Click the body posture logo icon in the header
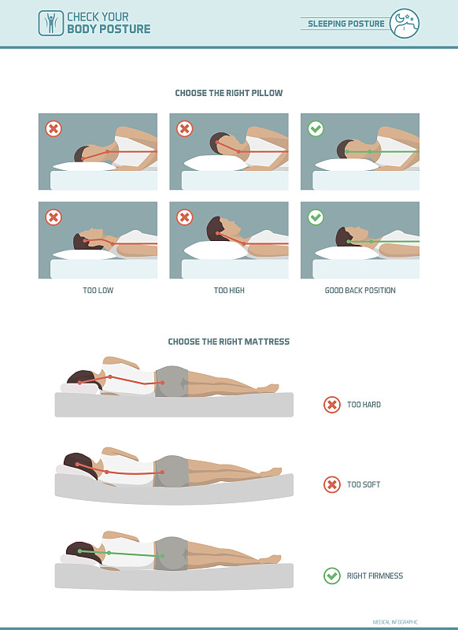point(51,24)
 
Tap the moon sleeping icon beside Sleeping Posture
point(404,24)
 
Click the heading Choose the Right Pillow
point(229,93)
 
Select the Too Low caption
point(98,290)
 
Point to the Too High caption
point(229,290)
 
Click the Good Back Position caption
point(360,290)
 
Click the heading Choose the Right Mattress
point(228,342)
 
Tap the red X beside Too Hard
point(332,405)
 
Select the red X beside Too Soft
point(332,484)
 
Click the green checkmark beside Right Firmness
point(332,576)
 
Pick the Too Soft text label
point(364,484)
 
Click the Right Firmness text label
point(375,576)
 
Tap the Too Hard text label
point(364,405)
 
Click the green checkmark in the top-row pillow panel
point(316,129)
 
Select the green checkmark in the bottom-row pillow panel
point(316,217)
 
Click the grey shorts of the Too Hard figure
point(172,381)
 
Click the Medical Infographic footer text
point(395,622)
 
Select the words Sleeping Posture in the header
point(346,24)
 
